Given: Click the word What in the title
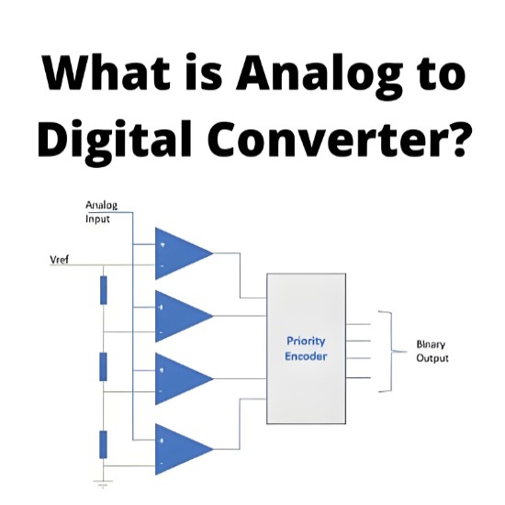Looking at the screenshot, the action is tap(107, 73).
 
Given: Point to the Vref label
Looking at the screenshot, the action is tap(60, 260).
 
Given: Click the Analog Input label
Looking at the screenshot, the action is tap(101, 212).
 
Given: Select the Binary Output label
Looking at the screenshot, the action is tap(432, 351).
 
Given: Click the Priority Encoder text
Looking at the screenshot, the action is tap(306, 349).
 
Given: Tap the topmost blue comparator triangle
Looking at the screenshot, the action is tap(184, 253).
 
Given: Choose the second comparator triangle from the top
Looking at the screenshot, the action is tap(184, 316).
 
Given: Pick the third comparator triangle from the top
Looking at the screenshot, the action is tap(184, 378).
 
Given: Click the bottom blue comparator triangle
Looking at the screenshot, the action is tap(184, 449).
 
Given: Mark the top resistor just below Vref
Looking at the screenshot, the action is tap(104, 290).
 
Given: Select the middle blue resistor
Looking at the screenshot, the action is tap(104, 367).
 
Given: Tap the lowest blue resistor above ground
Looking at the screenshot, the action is tap(104, 444).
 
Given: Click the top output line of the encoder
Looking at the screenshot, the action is tap(358, 324).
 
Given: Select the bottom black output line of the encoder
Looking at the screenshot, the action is tap(358, 377).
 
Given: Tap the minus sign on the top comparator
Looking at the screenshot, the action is tap(162, 266).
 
